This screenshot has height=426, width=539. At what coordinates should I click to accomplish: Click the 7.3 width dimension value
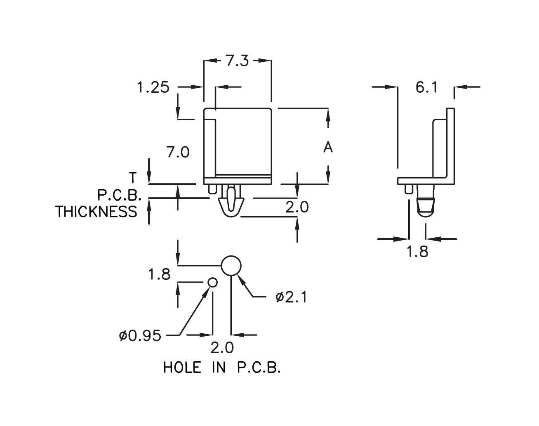(x=237, y=61)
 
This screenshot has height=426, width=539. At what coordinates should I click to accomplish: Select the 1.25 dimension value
(x=153, y=87)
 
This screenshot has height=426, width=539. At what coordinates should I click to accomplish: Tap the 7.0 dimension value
(x=178, y=152)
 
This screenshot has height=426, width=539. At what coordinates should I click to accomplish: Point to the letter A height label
(x=328, y=147)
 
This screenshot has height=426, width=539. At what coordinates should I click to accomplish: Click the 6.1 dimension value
(x=426, y=87)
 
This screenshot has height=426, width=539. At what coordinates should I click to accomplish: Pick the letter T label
(x=132, y=178)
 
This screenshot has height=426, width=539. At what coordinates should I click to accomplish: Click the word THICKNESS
(x=97, y=212)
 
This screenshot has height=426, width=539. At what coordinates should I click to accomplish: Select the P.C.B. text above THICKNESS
(x=119, y=195)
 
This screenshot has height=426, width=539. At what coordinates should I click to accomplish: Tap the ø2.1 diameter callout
(x=291, y=297)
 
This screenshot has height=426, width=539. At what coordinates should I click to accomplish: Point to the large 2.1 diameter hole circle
(x=231, y=266)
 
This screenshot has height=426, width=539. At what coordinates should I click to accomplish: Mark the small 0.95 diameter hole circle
(x=212, y=282)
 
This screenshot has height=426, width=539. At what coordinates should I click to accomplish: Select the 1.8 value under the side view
(x=417, y=252)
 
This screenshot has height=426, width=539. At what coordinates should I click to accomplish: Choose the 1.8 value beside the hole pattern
(x=159, y=274)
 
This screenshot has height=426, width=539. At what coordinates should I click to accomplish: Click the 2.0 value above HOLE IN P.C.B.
(x=222, y=349)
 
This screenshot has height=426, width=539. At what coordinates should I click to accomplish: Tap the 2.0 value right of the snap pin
(x=297, y=207)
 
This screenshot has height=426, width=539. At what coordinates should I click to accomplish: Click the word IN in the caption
(x=219, y=367)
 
